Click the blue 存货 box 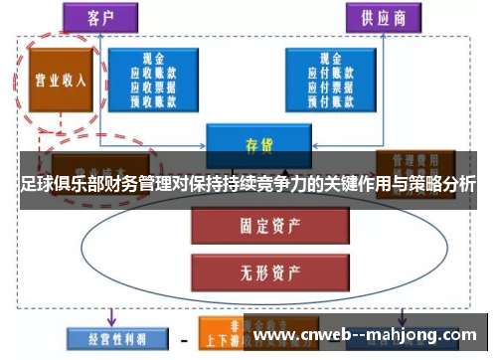point(258,142)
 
